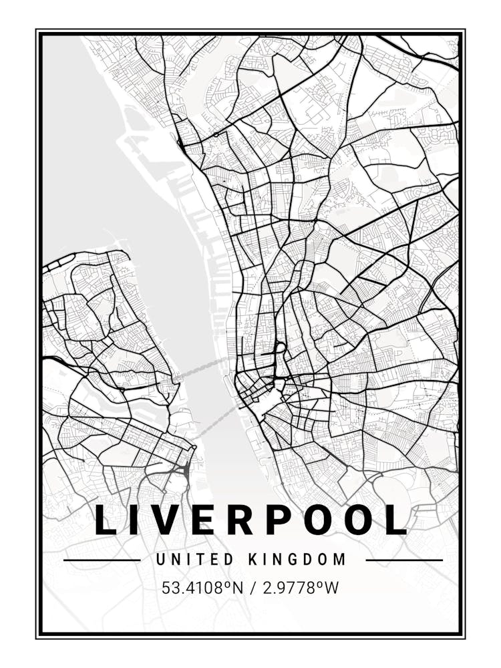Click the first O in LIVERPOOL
point(319,520)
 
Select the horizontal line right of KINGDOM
point(404,560)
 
